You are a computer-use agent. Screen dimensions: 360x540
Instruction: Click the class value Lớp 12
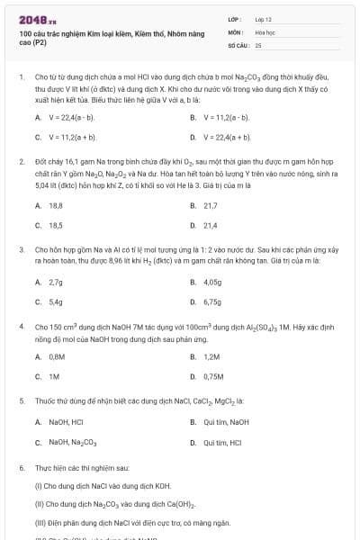(263, 18)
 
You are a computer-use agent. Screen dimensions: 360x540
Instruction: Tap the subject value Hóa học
(265, 31)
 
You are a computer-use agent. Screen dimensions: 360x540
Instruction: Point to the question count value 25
(258, 44)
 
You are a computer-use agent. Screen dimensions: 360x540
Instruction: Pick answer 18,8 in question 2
(55, 206)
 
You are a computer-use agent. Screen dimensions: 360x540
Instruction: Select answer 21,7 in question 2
(211, 206)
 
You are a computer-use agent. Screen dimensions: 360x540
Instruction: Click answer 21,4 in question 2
(211, 225)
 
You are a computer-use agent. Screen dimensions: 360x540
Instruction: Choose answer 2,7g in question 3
(55, 283)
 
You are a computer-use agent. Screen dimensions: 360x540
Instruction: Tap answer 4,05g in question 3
(212, 283)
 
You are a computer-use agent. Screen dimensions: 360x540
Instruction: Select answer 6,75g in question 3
(212, 301)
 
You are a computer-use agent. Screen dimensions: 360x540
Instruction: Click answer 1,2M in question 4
(211, 358)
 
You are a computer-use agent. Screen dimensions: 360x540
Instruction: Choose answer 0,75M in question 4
(213, 377)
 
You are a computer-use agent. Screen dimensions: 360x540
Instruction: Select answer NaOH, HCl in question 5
(65, 422)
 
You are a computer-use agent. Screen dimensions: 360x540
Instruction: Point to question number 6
(22, 469)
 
